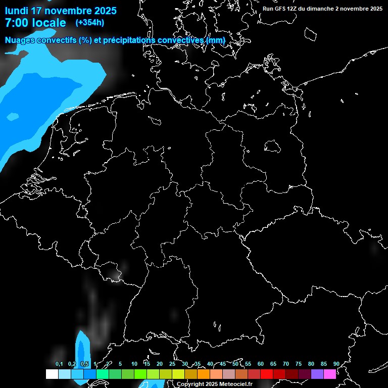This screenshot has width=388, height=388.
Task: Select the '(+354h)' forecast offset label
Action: click(90, 22)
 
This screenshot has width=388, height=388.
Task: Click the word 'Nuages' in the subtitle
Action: click(19, 40)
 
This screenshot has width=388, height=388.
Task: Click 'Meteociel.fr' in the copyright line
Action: click(236, 384)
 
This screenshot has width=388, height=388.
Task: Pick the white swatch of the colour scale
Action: click(52, 374)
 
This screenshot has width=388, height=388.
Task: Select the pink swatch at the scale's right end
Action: click(330, 374)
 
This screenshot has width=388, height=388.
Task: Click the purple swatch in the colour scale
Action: click(317, 374)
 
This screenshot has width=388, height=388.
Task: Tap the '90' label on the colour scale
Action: click(336, 364)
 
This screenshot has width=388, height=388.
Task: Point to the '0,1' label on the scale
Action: click(59, 364)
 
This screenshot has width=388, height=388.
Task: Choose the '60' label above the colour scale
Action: click(260, 364)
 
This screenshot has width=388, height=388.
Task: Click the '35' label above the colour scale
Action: click(197, 364)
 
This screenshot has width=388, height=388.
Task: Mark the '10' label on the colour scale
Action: click(134, 364)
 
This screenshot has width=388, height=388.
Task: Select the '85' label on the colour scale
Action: click(323, 364)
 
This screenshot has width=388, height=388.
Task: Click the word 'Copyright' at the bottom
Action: click(190, 384)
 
